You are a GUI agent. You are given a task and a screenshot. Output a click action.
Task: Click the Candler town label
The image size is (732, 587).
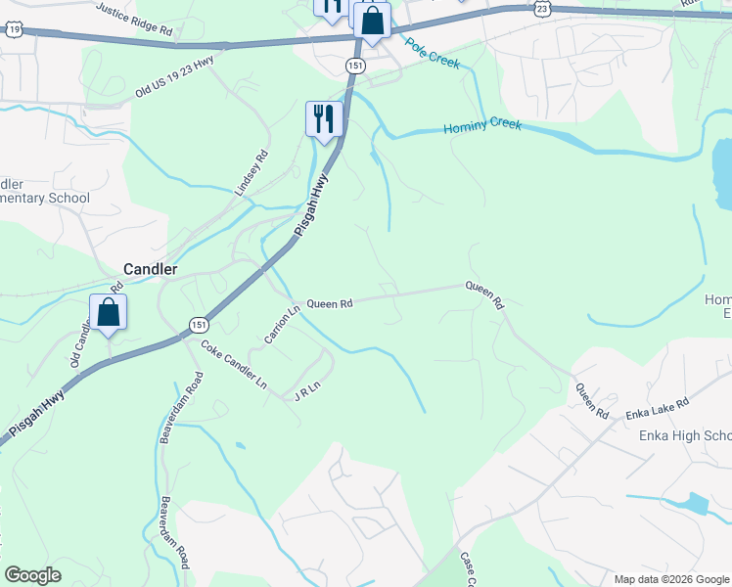(x=150, y=268)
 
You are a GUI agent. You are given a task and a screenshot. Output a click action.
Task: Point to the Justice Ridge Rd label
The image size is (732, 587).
(x=134, y=20)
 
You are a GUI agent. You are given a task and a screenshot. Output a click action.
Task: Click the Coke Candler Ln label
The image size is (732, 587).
(x=234, y=364)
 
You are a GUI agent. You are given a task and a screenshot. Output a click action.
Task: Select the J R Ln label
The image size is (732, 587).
(x=307, y=393)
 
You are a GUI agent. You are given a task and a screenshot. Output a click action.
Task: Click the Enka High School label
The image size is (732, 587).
(x=684, y=436)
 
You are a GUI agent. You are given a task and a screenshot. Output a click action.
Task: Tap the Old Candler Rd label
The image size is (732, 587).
(x=94, y=329)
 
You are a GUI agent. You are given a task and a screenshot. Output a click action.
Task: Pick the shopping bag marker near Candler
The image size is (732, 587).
(x=108, y=313)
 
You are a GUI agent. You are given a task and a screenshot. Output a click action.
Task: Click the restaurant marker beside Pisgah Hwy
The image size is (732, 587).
(x=324, y=119)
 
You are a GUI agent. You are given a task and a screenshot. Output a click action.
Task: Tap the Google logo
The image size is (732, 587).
(x=32, y=575)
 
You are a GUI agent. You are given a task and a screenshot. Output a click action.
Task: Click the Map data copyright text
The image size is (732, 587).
(x=671, y=579)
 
